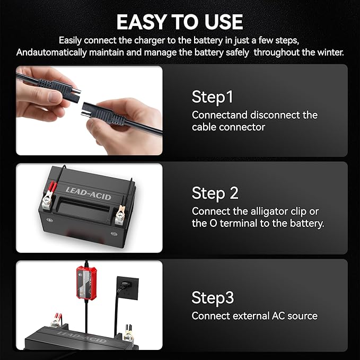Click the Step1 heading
point(212,97)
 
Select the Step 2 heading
point(215,192)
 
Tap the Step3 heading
point(213,297)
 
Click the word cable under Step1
point(205,127)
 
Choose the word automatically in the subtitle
point(74,52)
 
